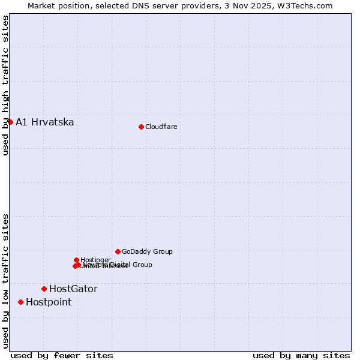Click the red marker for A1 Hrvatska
click(x=10, y=122)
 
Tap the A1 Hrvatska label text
click(x=45, y=122)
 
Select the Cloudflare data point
click(x=141, y=127)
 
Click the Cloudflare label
click(x=161, y=127)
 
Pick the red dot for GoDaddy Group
click(x=118, y=251)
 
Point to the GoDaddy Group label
click(x=147, y=252)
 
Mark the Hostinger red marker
click(x=76, y=260)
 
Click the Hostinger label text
click(x=95, y=260)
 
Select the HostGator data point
click(x=44, y=289)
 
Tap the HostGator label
click(x=73, y=289)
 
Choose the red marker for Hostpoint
click(x=20, y=302)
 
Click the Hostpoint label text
click(x=49, y=302)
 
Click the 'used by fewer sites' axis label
click(x=62, y=355)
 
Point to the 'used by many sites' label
click(x=301, y=355)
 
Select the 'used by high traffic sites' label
click(x=5, y=85)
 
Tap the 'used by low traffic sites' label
click(x=5, y=281)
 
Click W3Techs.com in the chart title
click(x=309, y=5)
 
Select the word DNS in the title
click(x=132, y=5)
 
